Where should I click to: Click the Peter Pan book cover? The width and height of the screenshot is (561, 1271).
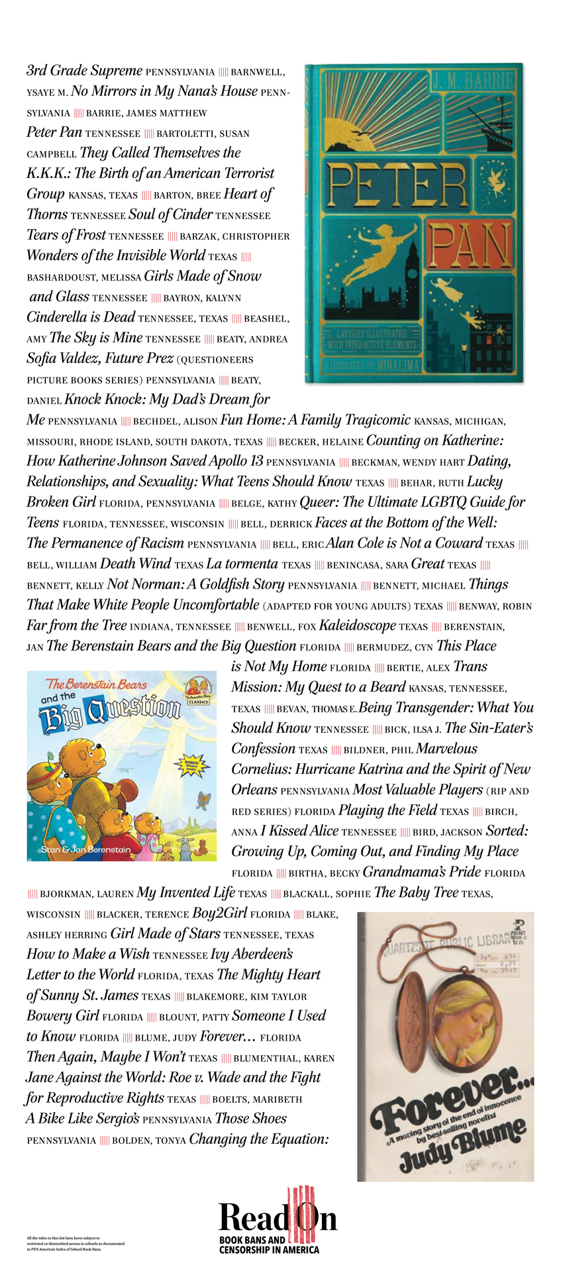coord(413,223)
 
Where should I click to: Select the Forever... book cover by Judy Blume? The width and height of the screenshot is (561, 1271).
coord(445,1046)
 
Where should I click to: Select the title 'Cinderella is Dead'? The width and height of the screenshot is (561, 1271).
coord(81,317)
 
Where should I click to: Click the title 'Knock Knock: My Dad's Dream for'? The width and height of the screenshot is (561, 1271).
coord(167,399)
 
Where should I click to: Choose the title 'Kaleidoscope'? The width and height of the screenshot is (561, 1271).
coord(357,626)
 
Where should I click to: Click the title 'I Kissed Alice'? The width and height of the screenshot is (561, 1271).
coord(299,831)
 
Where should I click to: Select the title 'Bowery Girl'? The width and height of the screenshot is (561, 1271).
coord(62,1015)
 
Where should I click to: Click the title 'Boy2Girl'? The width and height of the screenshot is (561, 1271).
coord(219,913)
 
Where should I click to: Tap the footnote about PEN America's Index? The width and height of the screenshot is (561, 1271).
coord(75,1243)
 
